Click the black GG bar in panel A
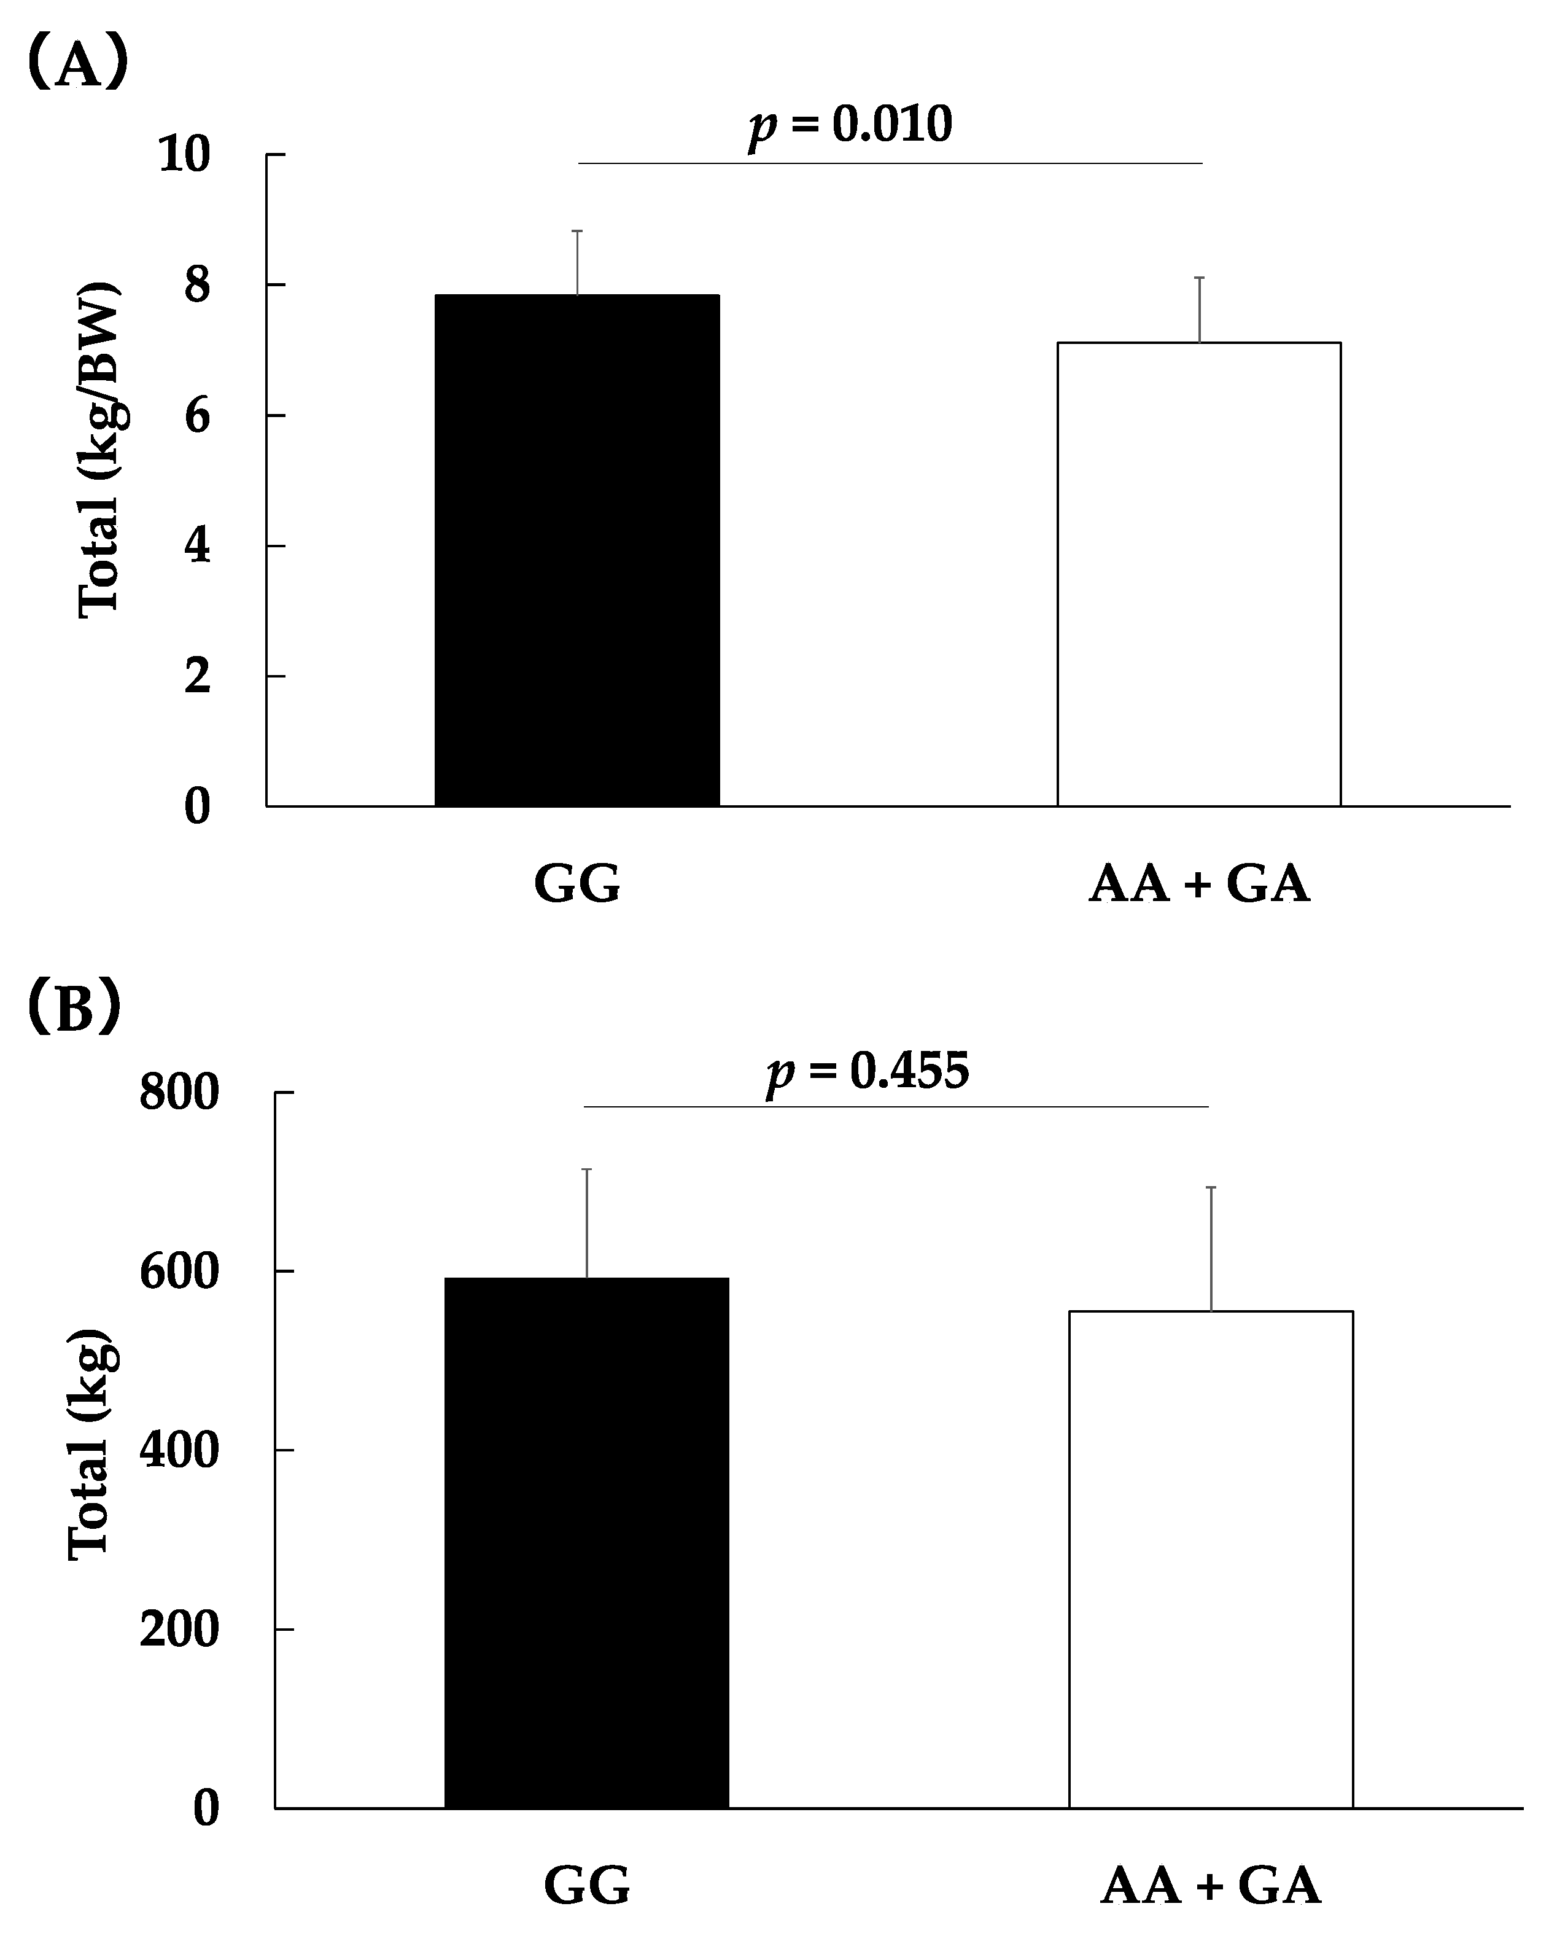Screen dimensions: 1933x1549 [577, 550]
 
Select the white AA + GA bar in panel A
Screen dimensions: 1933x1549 [1198, 574]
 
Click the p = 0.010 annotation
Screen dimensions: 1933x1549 [850, 125]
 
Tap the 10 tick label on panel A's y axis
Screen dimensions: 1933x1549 [184, 155]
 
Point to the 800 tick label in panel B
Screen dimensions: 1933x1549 [179, 1093]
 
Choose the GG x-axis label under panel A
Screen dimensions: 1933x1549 [577, 884]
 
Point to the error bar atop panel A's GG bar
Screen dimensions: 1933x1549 [578, 262]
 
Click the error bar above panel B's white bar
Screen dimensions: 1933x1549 [1211, 1248]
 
